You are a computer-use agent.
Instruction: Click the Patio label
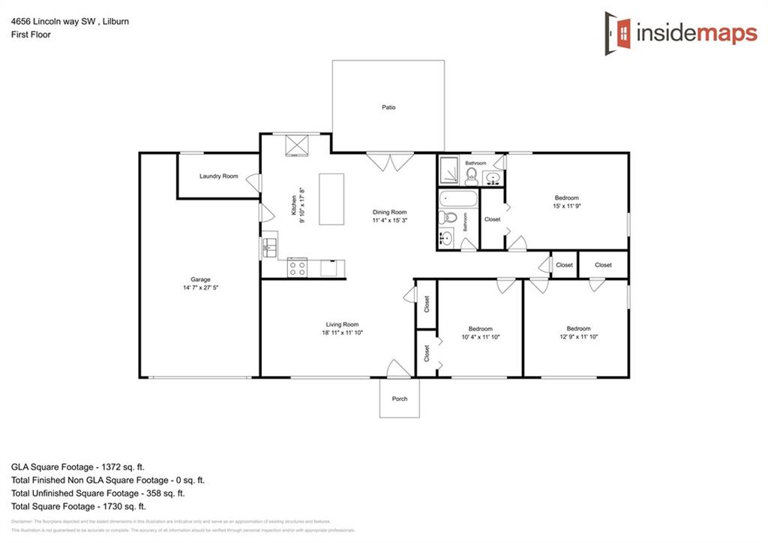click(x=388, y=107)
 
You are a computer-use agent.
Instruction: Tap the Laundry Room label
click(x=218, y=176)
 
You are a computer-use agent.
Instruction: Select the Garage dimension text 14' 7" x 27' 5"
click(x=200, y=288)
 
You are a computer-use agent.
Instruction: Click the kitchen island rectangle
click(x=331, y=199)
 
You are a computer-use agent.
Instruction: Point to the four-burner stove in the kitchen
click(x=297, y=267)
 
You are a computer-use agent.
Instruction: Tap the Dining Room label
click(x=390, y=213)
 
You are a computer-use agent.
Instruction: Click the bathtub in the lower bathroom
click(x=457, y=201)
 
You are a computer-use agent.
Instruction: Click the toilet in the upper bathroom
click(x=472, y=176)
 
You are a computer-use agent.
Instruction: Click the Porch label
click(x=400, y=399)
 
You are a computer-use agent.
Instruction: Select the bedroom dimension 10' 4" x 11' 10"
click(x=480, y=337)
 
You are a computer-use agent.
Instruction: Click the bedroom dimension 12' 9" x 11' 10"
click(x=578, y=337)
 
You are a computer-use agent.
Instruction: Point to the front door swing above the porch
click(x=395, y=368)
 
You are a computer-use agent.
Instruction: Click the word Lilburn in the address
click(x=115, y=22)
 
